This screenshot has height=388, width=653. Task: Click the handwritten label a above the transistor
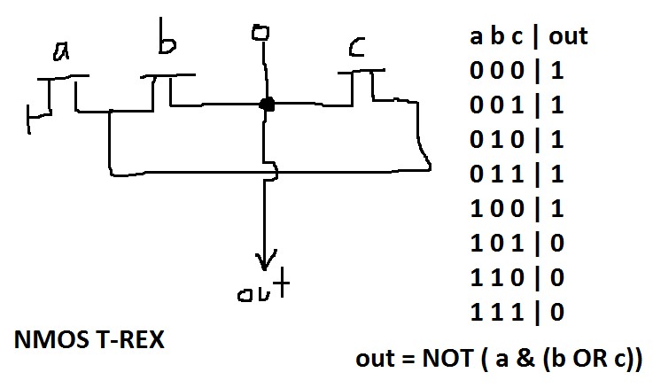point(61,53)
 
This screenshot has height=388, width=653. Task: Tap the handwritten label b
point(166,38)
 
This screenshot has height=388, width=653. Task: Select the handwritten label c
point(357,47)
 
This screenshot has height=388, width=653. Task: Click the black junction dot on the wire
point(266,105)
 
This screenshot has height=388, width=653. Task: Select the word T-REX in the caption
point(128,339)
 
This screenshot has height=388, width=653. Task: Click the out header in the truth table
point(567,36)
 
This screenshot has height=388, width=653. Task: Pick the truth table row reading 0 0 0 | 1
point(517,71)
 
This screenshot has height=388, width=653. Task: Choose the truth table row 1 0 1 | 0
point(517,243)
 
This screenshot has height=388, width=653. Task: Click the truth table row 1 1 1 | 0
point(517,312)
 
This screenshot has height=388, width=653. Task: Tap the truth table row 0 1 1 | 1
point(517,174)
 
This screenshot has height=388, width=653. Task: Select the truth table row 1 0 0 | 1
point(517,208)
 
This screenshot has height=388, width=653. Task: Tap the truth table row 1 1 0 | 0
point(517,277)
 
